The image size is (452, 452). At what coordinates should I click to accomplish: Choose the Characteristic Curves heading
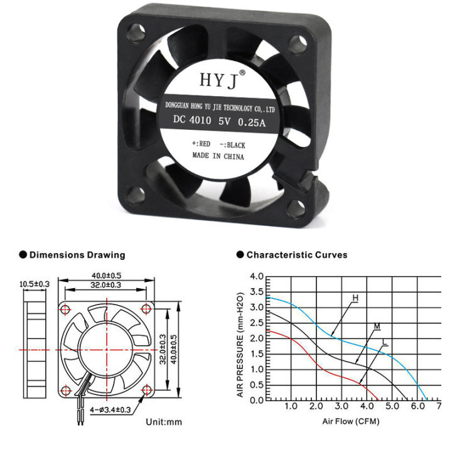[x=296, y=255]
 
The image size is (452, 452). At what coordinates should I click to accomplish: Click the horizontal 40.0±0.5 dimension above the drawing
[x=106, y=276]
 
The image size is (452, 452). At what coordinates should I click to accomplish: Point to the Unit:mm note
[x=163, y=421]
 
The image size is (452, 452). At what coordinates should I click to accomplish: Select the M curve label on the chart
[x=377, y=326]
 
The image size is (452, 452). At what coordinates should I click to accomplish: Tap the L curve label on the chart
[x=384, y=343]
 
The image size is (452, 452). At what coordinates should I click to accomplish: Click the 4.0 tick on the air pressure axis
[x=256, y=277]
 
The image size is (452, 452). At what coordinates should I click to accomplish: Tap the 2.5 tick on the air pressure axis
[x=256, y=323]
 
